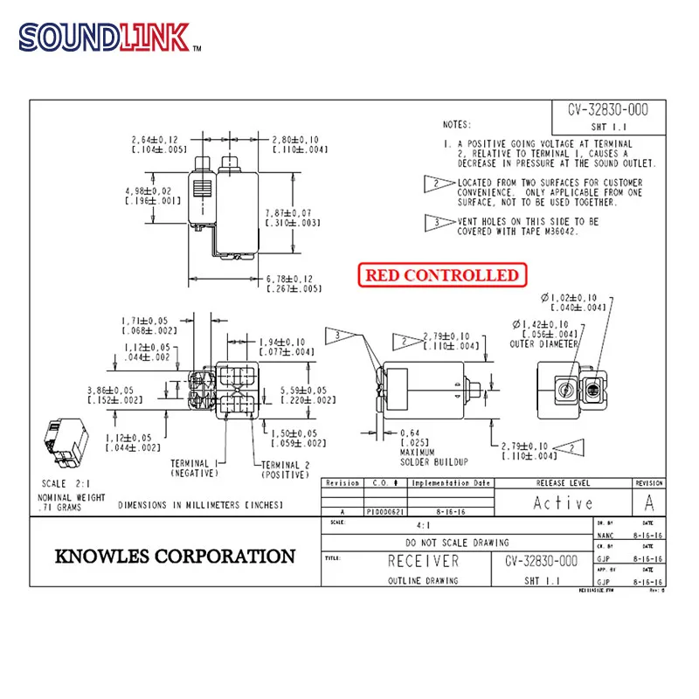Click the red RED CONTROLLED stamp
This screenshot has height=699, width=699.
pyautogui.click(x=441, y=274)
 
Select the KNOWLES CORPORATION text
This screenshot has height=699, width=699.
pyautogui.click(x=176, y=557)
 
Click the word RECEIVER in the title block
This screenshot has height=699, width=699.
pyautogui.click(x=423, y=561)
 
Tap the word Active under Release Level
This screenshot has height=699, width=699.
pyautogui.click(x=564, y=502)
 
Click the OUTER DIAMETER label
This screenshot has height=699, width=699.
pyautogui.click(x=543, y=344)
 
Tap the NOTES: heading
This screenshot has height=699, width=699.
pyautogui.click(x=456, y=125)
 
